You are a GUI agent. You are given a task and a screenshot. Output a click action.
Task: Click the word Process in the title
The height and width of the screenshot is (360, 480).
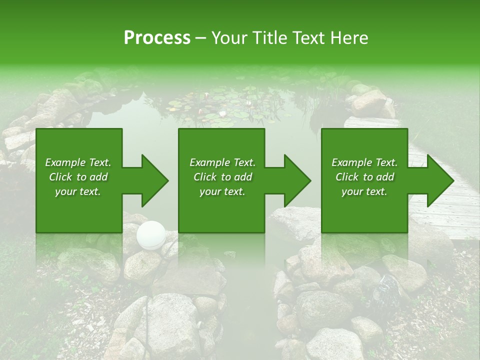pyautogui.click(x=157, y=37)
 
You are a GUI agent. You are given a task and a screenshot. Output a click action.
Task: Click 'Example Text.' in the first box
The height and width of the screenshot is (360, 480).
pyautogui.click(x=78, y=162)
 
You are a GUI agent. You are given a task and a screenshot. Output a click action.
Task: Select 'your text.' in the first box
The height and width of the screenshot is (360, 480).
pyautogui.click(x=78, y=191)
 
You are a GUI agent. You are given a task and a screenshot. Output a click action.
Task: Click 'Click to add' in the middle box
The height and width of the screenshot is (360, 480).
pyautogui.click(x=222, y=177)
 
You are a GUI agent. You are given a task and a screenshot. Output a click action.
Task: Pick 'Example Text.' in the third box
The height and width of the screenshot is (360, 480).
pyautogui.click(x=364, y=162)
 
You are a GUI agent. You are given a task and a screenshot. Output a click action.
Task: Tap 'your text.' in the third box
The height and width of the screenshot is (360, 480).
pyautogui.click(x=364, y=191)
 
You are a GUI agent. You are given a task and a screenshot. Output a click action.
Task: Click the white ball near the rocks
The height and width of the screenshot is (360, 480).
pyautogui.click(x=151, y=234)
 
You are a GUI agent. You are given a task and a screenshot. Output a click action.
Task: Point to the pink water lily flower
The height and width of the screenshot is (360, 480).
pyautogui.click(x=202, y=111)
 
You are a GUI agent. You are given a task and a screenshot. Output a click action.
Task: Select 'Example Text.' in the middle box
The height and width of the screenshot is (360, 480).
pyautogui.click(x=222, y=162)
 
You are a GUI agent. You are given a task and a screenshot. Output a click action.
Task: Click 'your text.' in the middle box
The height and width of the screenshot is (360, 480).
pyautogui.click(x=222, y=191)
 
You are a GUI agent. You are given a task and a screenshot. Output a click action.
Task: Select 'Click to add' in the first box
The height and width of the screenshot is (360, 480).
pyautogui.click(x=78, y=177)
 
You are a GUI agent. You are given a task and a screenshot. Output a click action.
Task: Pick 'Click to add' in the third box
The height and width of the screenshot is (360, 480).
pyautogui.click(x=364, y=177)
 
